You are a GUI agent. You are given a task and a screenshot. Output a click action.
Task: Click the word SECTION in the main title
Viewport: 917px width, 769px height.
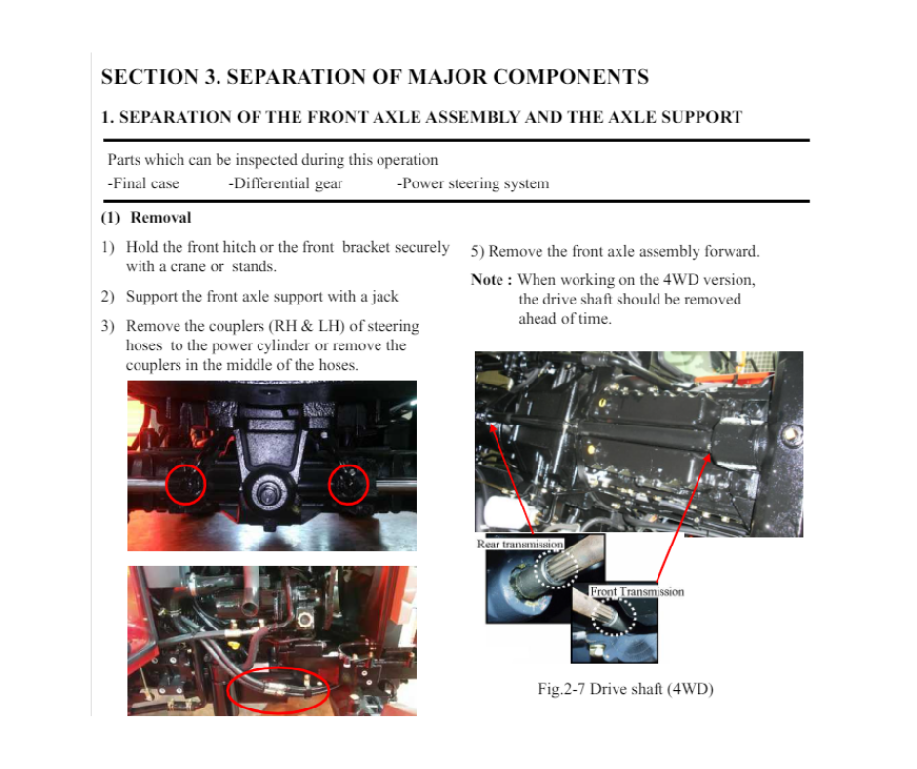(150, 77)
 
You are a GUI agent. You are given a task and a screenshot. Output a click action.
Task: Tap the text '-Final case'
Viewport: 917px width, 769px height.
(143, 183)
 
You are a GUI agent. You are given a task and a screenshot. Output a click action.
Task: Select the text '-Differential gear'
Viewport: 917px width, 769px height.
(286, 183)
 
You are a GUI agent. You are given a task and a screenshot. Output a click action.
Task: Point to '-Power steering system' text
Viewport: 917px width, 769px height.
(473, 183)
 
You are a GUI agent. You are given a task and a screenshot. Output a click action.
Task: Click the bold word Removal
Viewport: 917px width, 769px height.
(161, 217)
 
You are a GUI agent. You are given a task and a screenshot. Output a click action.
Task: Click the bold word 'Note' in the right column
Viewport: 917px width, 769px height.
(487, 280)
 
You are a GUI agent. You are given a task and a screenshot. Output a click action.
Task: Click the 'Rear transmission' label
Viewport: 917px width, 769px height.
(520, 545)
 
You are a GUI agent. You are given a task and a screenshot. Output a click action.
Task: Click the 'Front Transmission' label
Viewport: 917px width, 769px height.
(637, 591)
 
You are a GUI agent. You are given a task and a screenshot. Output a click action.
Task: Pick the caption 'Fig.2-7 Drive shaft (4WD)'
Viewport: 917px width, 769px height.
(625, 689)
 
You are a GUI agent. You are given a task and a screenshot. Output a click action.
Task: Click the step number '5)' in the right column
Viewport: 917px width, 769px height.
(477, 252)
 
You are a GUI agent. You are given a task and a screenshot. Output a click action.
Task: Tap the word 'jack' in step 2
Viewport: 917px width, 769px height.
(384, 297)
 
